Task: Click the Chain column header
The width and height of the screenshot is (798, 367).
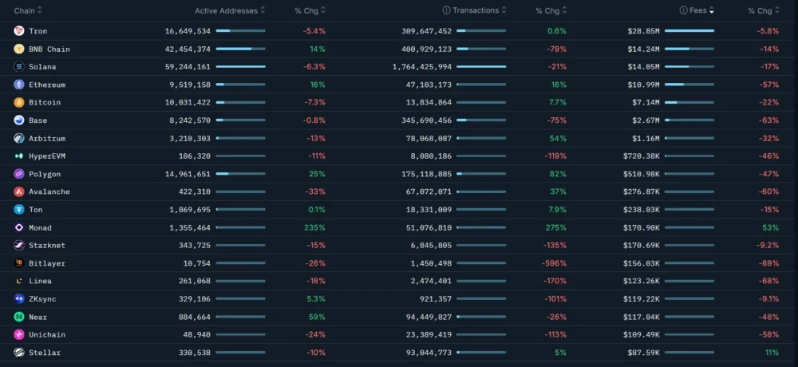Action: click(x=25, y=11)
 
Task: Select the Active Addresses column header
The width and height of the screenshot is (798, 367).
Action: click(x=226, y=11)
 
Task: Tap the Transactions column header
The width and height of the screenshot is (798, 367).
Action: click(x=476, y=11)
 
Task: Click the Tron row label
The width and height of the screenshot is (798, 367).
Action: click(x=38, y=31)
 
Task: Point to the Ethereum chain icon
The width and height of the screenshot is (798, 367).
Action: click(x=19, y=85)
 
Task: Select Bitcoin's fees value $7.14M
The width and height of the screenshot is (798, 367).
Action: click(x=645, y=103)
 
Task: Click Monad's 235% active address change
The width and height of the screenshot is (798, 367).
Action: click(x=314, y=228)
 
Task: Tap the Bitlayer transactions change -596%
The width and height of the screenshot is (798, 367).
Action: click(x=555, y=263)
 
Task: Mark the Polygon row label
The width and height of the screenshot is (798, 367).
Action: click(x=45, y=174)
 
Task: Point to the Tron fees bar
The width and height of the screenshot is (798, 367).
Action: click(x=689, y=31)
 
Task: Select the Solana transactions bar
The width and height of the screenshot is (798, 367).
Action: click(x=480, y=67)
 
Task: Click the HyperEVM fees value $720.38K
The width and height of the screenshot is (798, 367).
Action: click(x=642, y=156)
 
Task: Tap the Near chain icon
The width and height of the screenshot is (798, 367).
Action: click(x=19, y=317)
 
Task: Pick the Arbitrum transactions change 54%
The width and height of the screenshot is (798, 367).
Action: click(x=557, y=139)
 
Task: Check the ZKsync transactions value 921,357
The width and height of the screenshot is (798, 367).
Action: click(x=433, y=299)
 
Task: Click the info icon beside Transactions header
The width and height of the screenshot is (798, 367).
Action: click(x=447, y=11)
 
